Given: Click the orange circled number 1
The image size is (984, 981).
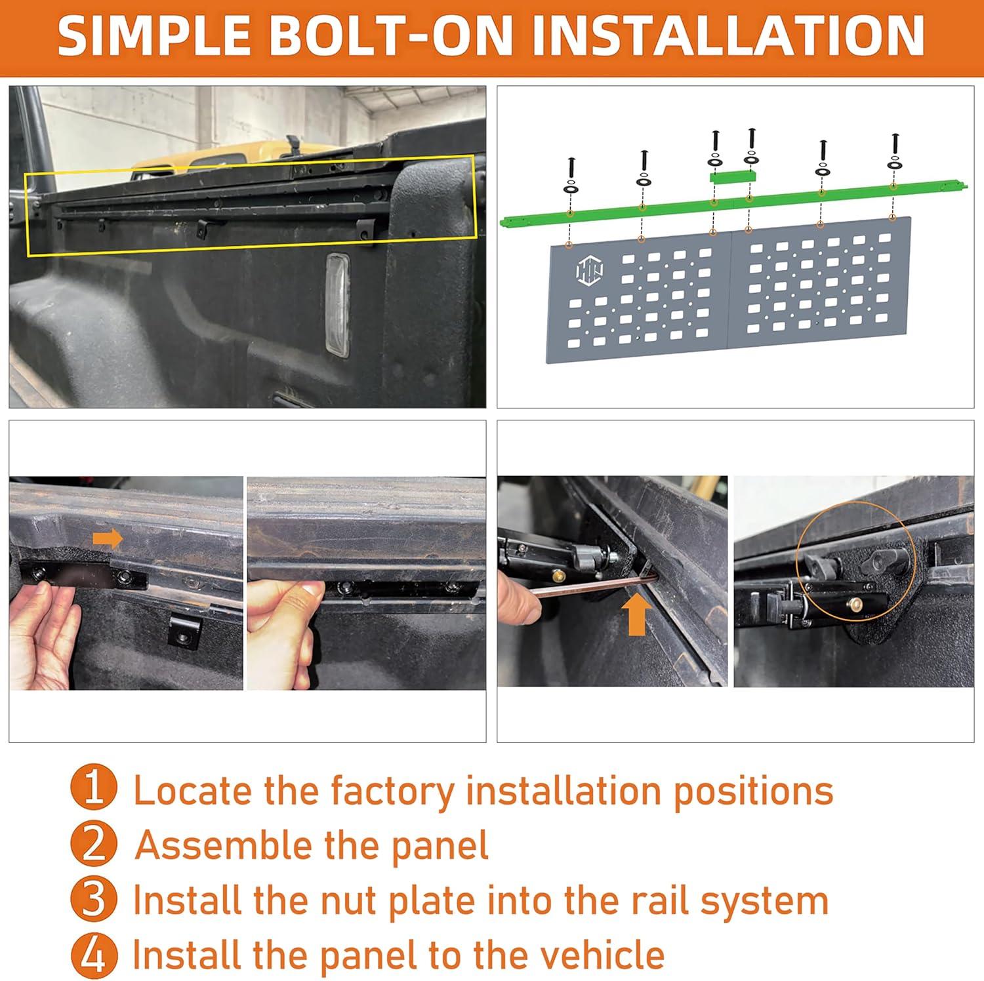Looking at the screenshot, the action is tap(94, 789).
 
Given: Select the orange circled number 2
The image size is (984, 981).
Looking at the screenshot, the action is tap(94, 845).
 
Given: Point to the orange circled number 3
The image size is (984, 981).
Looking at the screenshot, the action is tap(94, 900).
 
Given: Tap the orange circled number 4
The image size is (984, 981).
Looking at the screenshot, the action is tap(94, 955).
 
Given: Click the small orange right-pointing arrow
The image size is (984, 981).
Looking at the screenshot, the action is tap(107, 539).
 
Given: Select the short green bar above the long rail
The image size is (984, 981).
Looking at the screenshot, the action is tap(733, 176).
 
